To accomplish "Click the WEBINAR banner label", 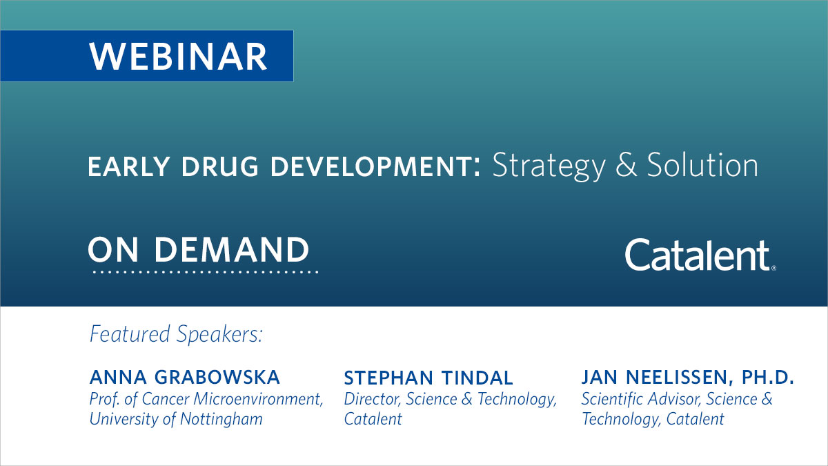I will pyautogui.click(x=178, y=56).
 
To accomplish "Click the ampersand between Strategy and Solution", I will pyautogui.click(x=626, y=166).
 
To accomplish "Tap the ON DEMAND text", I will pyautogui.click(x=199, y=249).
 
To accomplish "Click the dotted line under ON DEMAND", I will pyautogui.click(x=205, y=273).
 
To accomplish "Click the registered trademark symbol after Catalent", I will pyautogui.click(x=773, y=268).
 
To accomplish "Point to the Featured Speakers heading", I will pyautogui.click(x=177, y=335).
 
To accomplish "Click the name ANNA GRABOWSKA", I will pyautogui.click(x=185, y=378).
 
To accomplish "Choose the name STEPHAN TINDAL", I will pyautogui.click(x=428, y=378).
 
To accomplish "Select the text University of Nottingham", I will pyautogui.click(x=176, y=419).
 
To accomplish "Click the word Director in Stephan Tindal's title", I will pyautogui.click(x=373, y=399).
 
